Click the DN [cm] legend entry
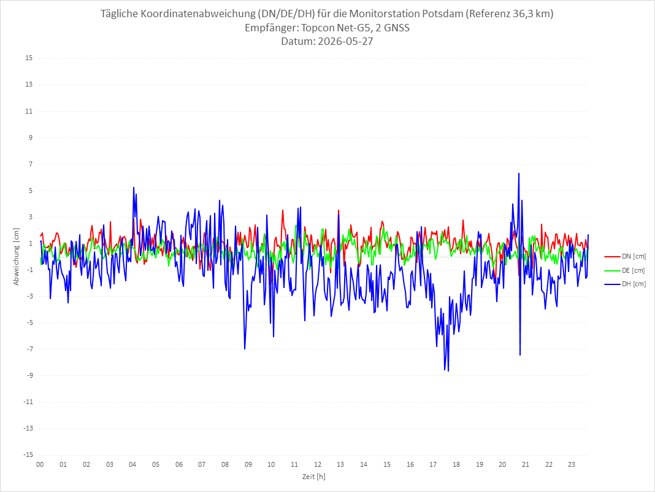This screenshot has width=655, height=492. [625, 257]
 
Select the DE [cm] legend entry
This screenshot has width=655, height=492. [625, 270]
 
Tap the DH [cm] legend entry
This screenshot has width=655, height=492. [625, 284]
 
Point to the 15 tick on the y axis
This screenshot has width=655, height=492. [29, 58]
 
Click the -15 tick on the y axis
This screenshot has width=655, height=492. [28, 455]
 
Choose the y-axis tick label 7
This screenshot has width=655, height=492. [31, 164]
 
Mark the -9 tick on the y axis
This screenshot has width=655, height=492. [29, 375]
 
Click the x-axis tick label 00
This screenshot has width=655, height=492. [40, 464]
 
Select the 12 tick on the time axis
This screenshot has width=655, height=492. [318, 464]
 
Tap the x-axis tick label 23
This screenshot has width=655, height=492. [572, 464]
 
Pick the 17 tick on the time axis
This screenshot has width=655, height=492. [433, 464]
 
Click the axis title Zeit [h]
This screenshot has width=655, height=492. [314, 477]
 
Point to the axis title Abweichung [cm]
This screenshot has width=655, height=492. [17, 257]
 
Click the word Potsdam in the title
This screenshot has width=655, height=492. [442, 14]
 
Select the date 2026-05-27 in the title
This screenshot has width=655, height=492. [345, 41]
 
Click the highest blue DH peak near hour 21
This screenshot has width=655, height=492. [519, 173]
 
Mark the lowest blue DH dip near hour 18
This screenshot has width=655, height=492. [448, 370]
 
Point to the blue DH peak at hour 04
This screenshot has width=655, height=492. [134, 187]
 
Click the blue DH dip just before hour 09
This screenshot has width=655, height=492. [245, 348]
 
